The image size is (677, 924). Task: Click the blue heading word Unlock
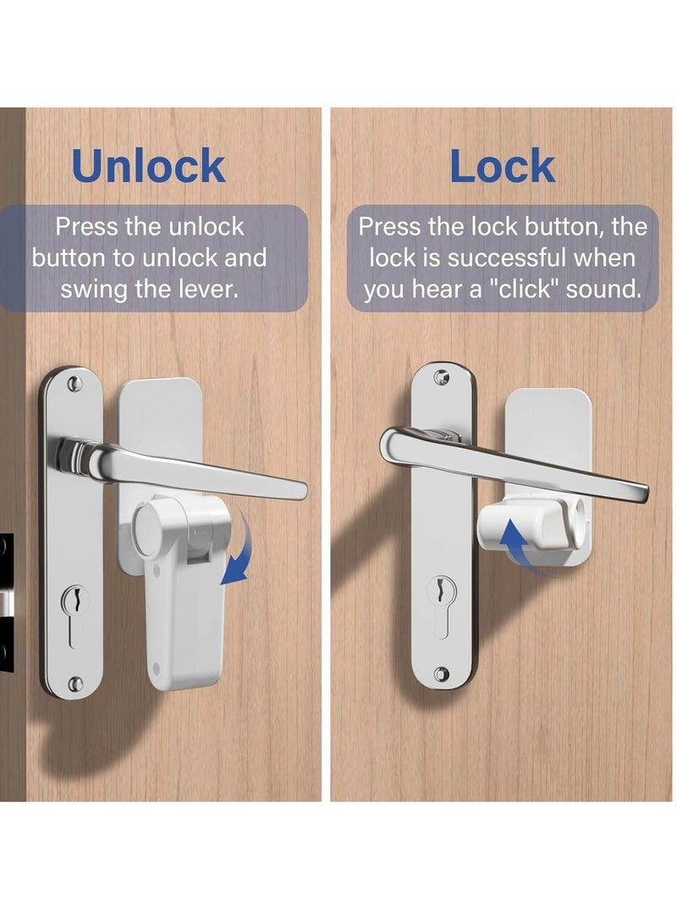[x=149, y=166]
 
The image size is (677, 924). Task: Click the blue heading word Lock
[x=502, y=166]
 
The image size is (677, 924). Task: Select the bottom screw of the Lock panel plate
[x=441, y=674]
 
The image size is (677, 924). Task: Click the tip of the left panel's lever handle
[x=298, y=490]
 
